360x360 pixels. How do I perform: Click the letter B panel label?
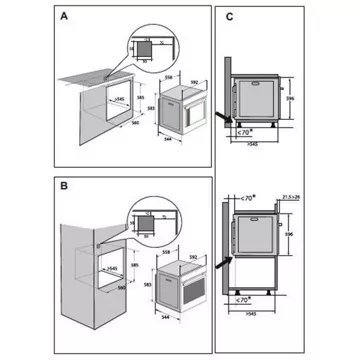point(64,187)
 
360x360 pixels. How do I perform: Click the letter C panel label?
point(231,17)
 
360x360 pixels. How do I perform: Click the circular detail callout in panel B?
point(151,223)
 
